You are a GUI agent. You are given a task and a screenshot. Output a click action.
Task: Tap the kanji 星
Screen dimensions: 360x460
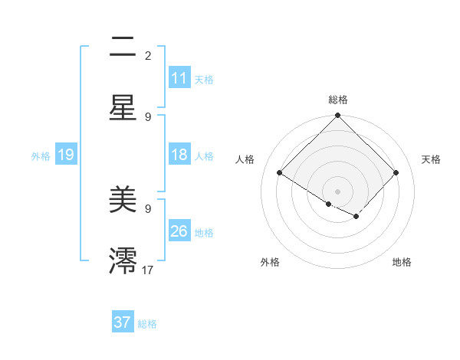point(123,107)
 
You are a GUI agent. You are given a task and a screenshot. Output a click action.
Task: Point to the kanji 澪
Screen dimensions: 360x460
point(123,260)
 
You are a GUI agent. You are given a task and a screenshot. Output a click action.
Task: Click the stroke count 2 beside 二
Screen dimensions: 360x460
point(148,56)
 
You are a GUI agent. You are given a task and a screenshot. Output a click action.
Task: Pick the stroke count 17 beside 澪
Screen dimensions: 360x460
point(148,270)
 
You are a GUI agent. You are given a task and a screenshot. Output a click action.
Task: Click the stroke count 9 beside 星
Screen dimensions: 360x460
point(148,116)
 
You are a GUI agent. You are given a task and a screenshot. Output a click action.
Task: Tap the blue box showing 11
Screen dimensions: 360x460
point(179,78)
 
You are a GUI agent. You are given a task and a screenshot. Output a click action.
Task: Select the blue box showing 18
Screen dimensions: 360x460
point(179,155)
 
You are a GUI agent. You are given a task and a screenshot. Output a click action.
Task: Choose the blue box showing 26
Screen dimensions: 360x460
point(179,231)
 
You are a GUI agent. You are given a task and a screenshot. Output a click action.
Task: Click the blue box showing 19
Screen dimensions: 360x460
point(66,155)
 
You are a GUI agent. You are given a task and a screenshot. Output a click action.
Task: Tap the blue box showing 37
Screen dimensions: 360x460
point(123,322)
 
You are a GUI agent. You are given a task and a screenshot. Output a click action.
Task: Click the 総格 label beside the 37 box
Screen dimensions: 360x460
point(147,324)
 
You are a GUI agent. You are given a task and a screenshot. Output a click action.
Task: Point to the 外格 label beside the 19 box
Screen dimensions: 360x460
point(41,156)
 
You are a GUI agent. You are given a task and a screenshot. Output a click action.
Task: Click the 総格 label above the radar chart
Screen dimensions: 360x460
point(338,100)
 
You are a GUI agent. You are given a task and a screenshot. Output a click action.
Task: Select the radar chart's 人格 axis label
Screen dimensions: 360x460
point(245,159)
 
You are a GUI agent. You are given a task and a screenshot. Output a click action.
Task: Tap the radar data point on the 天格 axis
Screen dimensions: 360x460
point(396,172)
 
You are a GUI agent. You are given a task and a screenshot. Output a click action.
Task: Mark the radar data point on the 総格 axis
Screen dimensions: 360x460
point(338,116)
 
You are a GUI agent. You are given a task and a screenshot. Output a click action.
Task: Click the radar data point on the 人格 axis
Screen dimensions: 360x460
point(280,172)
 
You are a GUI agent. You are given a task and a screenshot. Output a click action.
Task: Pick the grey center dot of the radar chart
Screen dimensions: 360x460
point(338,191)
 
